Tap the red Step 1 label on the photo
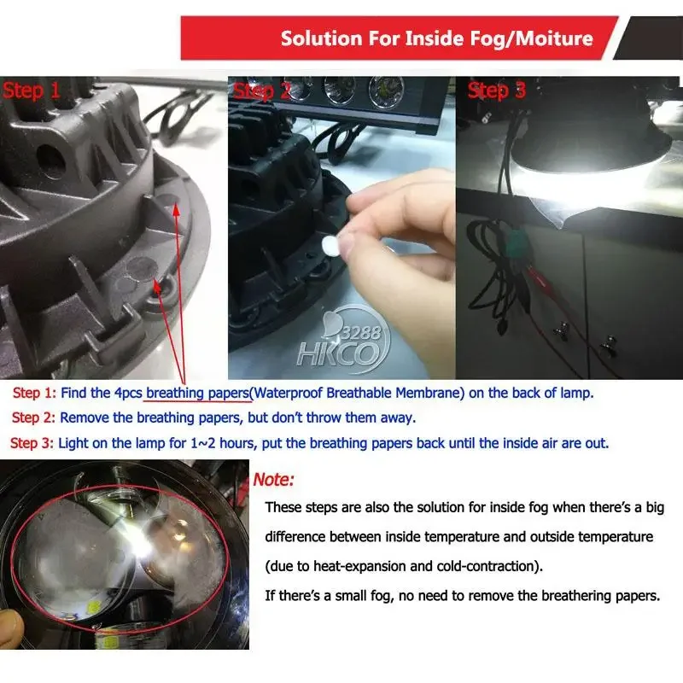point(32,90)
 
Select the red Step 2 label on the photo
point(262,90)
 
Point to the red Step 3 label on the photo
point(497,90)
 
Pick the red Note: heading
point(273,480)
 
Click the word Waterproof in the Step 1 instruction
point(288,393)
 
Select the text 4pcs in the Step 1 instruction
point(128,394)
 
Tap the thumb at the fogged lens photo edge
point(11,628)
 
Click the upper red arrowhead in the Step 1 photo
point(176,210)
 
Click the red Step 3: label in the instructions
point(32,443)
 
